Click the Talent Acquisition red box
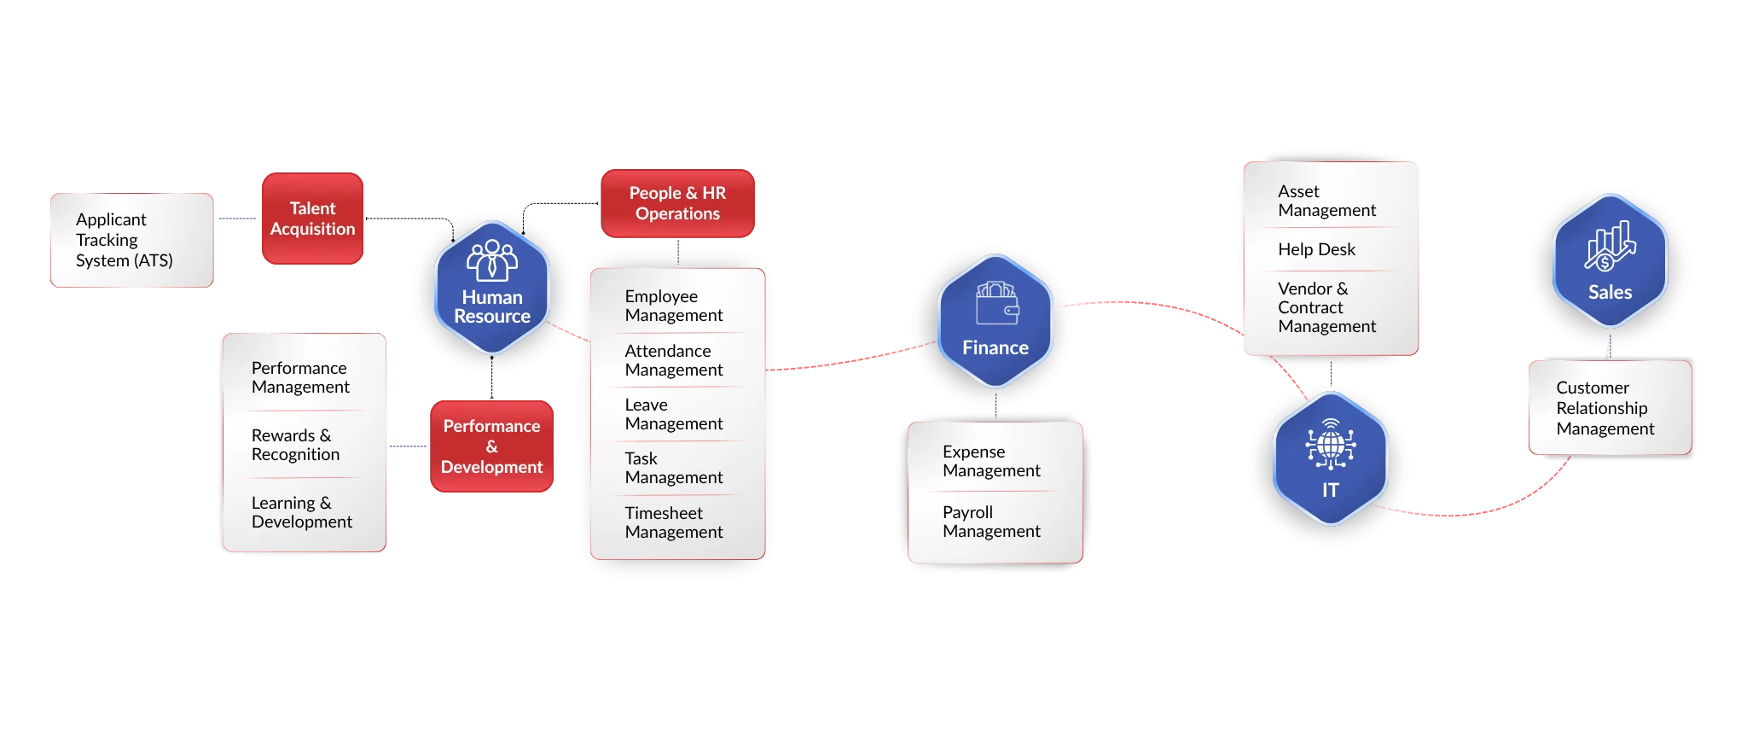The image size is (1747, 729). (312, 219)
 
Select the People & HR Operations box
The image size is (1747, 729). (677, 203)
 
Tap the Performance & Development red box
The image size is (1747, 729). (491, 446)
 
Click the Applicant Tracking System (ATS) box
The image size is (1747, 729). (131, 240)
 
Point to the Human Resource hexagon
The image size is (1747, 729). (492, 288)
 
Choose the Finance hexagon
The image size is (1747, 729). (995, 321)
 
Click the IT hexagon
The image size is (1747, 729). (1331, 458)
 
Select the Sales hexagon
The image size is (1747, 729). (1610, 261)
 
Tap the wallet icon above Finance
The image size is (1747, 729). (996, 303)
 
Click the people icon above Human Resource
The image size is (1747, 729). (492, 260)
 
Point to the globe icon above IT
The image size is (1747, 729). (1331, 444)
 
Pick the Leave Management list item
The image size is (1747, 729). (674, 414)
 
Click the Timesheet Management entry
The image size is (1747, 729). (674, 522)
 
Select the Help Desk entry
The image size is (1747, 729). (1316, 249)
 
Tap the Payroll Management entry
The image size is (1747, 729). (991, 522)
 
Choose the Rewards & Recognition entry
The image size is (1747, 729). (295, 445)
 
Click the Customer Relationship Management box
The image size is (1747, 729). (1610, 407)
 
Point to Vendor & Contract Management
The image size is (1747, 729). (1326, 307)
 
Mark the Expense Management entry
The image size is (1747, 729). (991, 461)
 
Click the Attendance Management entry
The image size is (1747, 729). (674, 360)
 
